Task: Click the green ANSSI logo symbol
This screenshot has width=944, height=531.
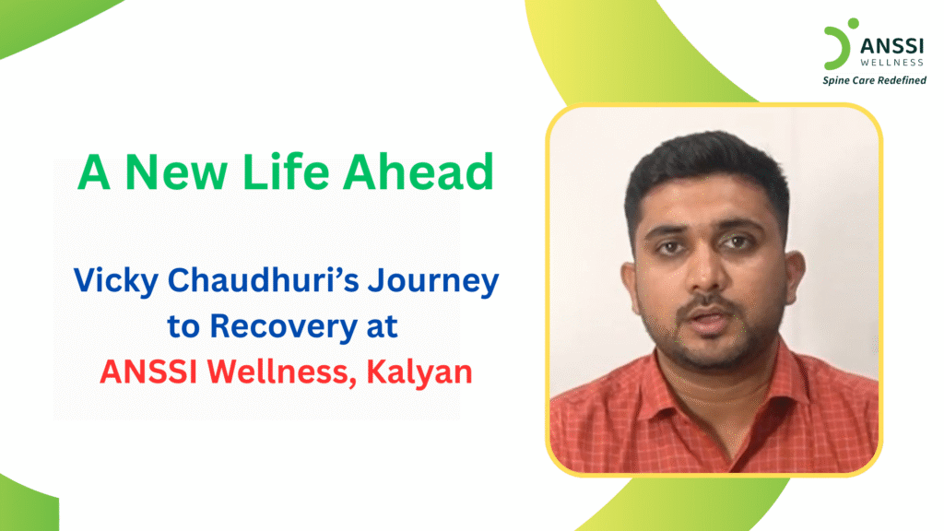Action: pyautogui.click(x=835, y=46)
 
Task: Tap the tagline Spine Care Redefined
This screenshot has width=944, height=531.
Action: pyautogui.click(x=874, y=80)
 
